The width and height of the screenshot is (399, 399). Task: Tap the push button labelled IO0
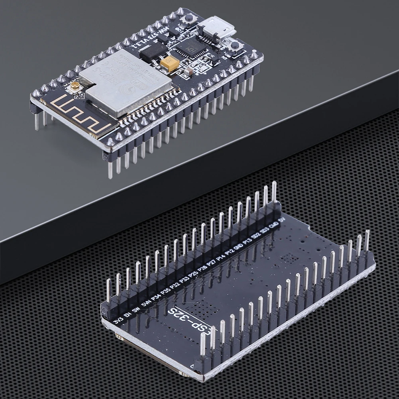tap(235, 45)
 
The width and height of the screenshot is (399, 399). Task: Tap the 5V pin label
tap(282, 220)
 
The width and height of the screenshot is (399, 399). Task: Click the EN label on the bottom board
tap(127, 315)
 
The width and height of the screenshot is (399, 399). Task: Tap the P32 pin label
tap(175, 285)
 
